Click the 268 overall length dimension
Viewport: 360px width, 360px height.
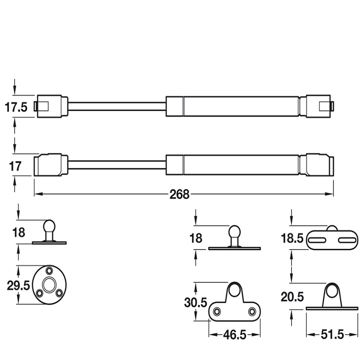pyautogui.click(x=180, y=194)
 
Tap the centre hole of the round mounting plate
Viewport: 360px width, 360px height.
pyautogui.click(x=49, y=285)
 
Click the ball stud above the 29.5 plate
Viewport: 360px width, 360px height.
pyautogui.click(x=49, y=227)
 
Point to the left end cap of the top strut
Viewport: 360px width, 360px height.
pyautogui.click(x=52, y=106)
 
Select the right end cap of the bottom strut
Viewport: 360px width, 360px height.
pyautogui.click(x=320, y=164)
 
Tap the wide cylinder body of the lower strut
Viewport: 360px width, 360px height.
pyautogui.click(x=234, y=164)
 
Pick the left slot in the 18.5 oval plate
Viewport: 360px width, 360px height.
pyautogui.click(x=317, y=240)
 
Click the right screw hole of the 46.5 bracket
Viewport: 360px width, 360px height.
pyautogui.click(x=251, y=311)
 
